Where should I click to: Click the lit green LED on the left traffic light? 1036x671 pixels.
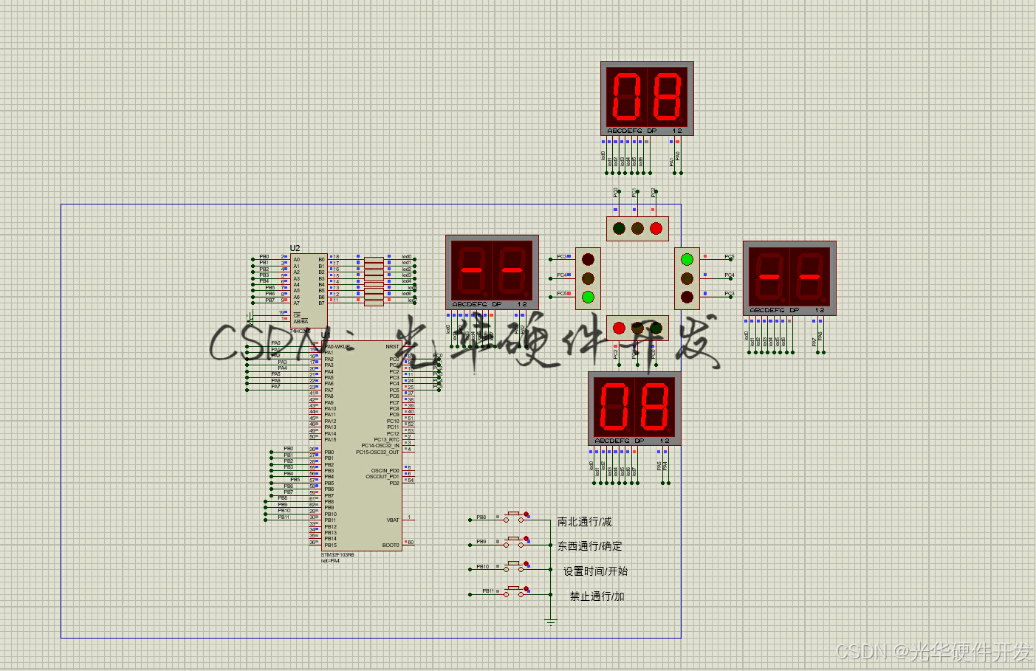coord(588,297)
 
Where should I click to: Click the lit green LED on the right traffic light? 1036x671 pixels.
coord(687,259)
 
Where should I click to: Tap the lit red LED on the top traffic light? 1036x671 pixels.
coord(656,229)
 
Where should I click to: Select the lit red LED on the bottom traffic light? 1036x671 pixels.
coord(619,328)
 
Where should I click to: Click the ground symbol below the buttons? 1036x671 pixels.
coord(551,622)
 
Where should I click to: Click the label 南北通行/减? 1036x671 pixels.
coord(584,522)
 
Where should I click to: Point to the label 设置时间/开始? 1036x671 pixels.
coord(595,571)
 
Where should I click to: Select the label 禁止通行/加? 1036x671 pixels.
coord(597,596)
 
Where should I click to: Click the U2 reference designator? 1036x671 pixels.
coord(295,248)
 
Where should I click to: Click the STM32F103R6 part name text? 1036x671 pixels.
coord(337,554)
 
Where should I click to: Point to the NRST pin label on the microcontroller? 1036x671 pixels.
coord(392,346)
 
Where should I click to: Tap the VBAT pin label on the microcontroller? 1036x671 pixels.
coord(393,520)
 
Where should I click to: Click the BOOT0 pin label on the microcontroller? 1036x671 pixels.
coord(391,545)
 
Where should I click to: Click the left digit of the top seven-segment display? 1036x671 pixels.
coord(627,96)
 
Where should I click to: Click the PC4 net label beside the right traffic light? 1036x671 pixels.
coord(730,275)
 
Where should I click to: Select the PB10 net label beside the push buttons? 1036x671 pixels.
coord(482,567)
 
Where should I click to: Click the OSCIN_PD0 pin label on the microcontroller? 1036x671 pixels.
coord(385,470)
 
